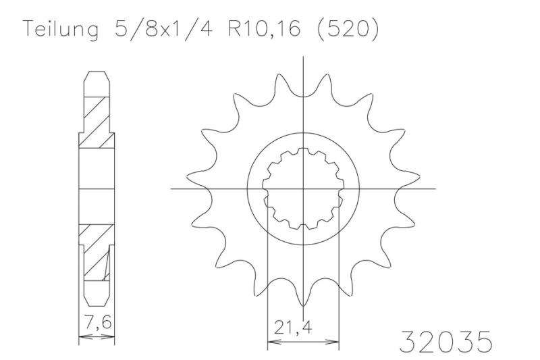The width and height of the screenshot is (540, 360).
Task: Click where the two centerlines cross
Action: (304, 188)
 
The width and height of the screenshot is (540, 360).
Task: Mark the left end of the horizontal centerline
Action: (171, 188)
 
